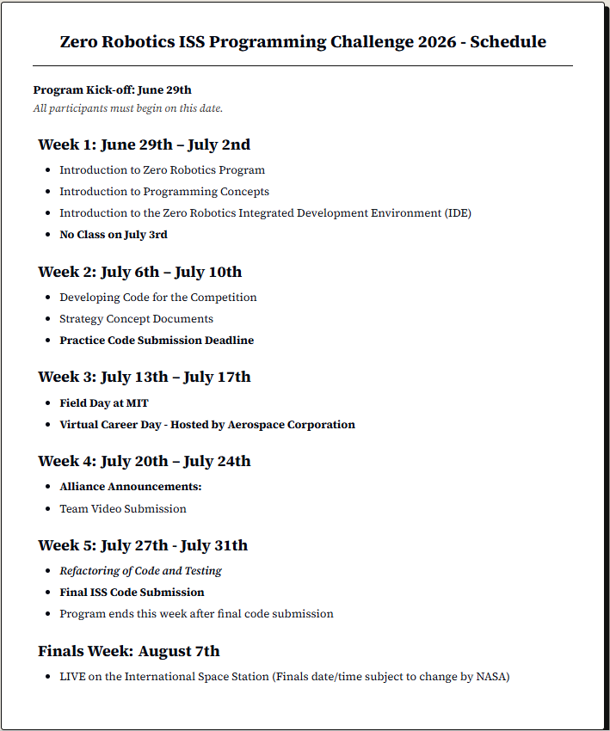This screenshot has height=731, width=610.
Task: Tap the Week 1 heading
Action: [144, 144]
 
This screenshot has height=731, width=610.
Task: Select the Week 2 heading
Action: [139, 272]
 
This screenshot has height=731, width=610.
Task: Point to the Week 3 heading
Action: [144, 377]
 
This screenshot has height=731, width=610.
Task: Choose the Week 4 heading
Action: [144, 461]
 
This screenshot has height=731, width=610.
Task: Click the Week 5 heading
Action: [142, 545]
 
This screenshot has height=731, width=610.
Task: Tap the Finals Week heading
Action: [128, 651]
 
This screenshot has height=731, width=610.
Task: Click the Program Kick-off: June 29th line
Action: [112, 89]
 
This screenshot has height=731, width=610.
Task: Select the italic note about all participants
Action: [127, 108]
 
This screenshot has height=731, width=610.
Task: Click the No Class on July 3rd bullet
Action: [113, 235]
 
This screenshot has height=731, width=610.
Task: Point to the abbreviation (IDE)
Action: [458, 213]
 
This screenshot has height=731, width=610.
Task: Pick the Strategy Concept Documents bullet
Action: [136, 319]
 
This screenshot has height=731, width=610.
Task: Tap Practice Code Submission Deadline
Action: [157, 341]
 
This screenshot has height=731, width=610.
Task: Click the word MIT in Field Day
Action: [138, 402]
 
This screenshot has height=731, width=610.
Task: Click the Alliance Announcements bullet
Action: [130, 487]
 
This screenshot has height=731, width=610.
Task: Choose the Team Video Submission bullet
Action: [122, 509]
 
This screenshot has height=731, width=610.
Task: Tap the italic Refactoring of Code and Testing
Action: [140, 571]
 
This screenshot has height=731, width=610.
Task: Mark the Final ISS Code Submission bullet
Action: [132, 593]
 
